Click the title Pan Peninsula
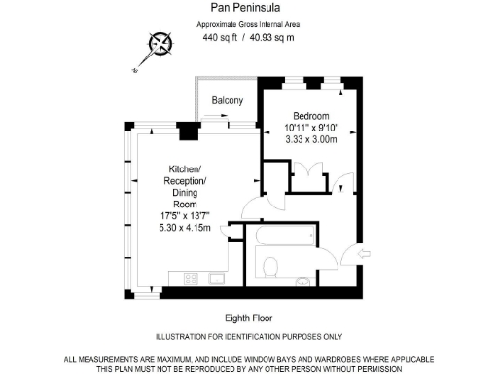coord(248,8)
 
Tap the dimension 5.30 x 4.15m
coord(184,227)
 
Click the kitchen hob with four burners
coord(190,279)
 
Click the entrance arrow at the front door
coord(363,256)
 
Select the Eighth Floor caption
coord(248,318)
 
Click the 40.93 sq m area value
coord(273,38)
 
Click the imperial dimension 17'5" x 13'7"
coord(184,215)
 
